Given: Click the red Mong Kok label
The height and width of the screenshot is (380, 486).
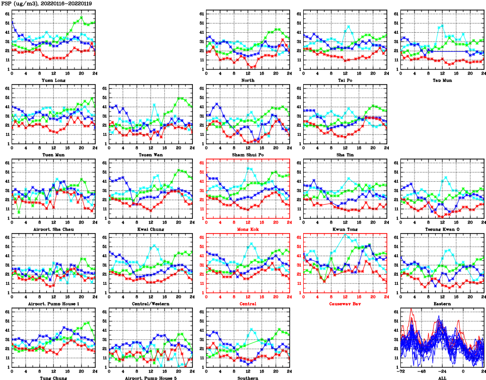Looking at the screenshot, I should click(x=248, y=230).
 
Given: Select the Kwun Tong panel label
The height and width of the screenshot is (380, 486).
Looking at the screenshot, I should click(x=345, y=230).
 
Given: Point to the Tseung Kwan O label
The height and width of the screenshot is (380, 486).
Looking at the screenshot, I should click(x=442, y=230).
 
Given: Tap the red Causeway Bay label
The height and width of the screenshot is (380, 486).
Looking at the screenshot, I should click(x=345, y=304).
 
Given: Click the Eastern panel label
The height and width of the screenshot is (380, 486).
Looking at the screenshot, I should click(x=442, y=304).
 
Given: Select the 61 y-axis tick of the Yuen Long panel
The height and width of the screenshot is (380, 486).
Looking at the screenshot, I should click(x=7, y=14).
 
